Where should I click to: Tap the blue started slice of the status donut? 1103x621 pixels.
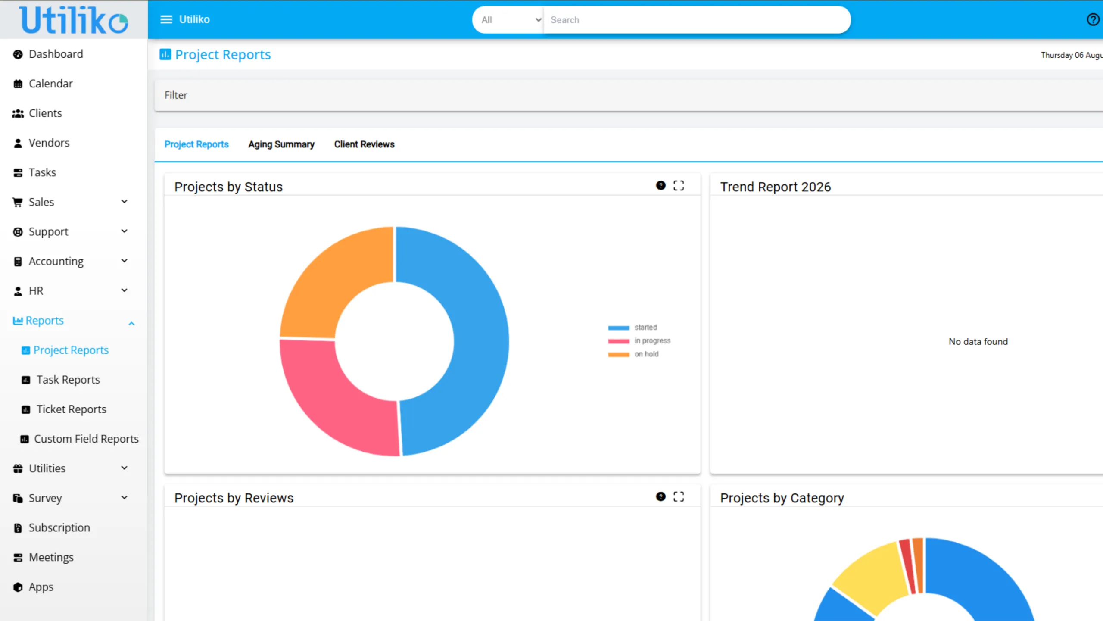[465, 340]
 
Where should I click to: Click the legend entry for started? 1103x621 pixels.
[633, 328]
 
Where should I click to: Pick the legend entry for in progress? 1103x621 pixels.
[639, 341]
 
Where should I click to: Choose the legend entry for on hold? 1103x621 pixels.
[633, 354]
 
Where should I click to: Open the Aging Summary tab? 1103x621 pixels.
[281, 144]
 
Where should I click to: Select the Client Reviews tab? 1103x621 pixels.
[364, 144]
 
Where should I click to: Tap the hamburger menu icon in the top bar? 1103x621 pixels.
[166, 19]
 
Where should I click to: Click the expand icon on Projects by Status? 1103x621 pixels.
[679, 186]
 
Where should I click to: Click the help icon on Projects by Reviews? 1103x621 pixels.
[661, 496]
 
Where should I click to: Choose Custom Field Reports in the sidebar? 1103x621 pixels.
[80, 439]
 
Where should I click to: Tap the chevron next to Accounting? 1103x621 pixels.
[125, 261]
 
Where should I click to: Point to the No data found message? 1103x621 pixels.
[978, 342]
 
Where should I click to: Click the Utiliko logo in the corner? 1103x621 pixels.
[74, 19]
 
